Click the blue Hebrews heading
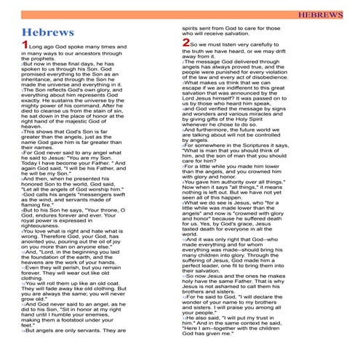pos(48,34)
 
